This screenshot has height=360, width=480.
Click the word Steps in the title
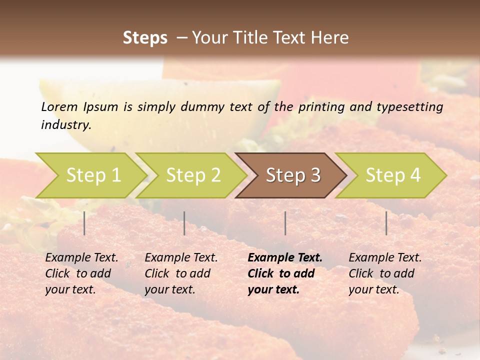coord(145,37)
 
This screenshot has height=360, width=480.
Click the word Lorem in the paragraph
coord(59,106)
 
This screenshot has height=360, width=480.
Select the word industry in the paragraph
coord(65,124)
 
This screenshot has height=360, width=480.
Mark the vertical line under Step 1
coord(84,223)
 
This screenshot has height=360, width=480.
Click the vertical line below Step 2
coord(184,223)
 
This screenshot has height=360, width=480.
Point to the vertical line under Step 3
coord(285,223)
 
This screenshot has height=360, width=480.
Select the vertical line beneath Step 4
coord(386,223)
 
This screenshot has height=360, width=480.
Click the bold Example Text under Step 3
coord(285,258)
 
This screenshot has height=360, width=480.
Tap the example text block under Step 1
coord(81,273)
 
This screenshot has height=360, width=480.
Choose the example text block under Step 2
coord(181,273)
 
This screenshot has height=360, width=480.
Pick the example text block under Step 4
coord(385,273)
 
